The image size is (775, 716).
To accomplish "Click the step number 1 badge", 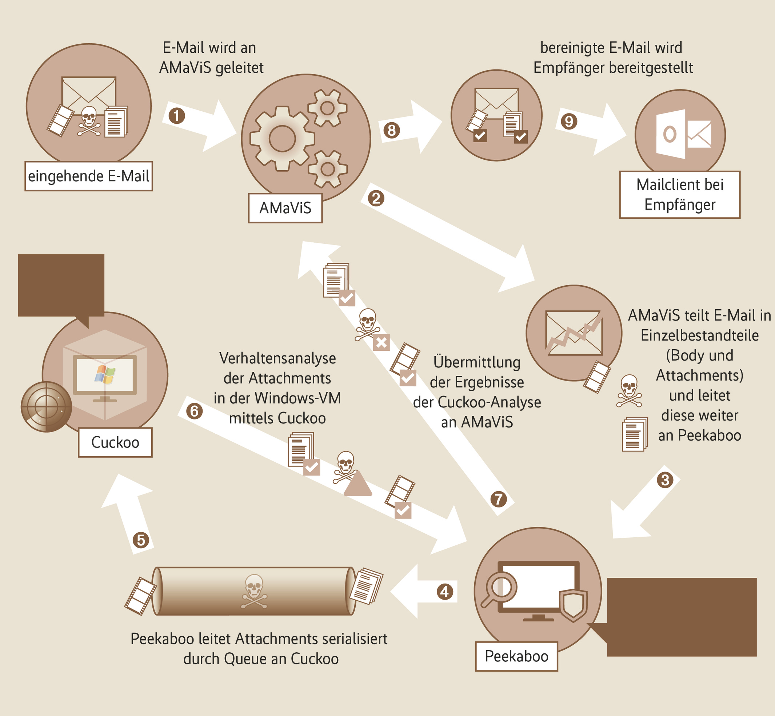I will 177,116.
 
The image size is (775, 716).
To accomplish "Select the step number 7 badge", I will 499,499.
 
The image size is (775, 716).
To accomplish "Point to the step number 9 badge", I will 569,121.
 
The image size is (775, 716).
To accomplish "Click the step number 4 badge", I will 445,592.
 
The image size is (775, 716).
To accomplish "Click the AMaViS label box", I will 285,208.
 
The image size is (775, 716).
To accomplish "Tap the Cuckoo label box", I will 115,442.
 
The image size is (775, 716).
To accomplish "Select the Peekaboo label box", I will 516,656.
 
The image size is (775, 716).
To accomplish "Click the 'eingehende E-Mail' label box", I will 89,176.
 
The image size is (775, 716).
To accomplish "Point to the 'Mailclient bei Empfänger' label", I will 680,195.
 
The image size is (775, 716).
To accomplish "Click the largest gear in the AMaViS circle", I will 282,139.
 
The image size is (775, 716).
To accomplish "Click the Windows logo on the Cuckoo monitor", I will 105,374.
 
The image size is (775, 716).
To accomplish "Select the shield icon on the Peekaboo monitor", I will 574,605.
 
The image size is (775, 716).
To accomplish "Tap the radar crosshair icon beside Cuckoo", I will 46,406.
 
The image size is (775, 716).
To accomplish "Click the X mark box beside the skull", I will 381,342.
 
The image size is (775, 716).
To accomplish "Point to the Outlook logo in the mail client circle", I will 670,134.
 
